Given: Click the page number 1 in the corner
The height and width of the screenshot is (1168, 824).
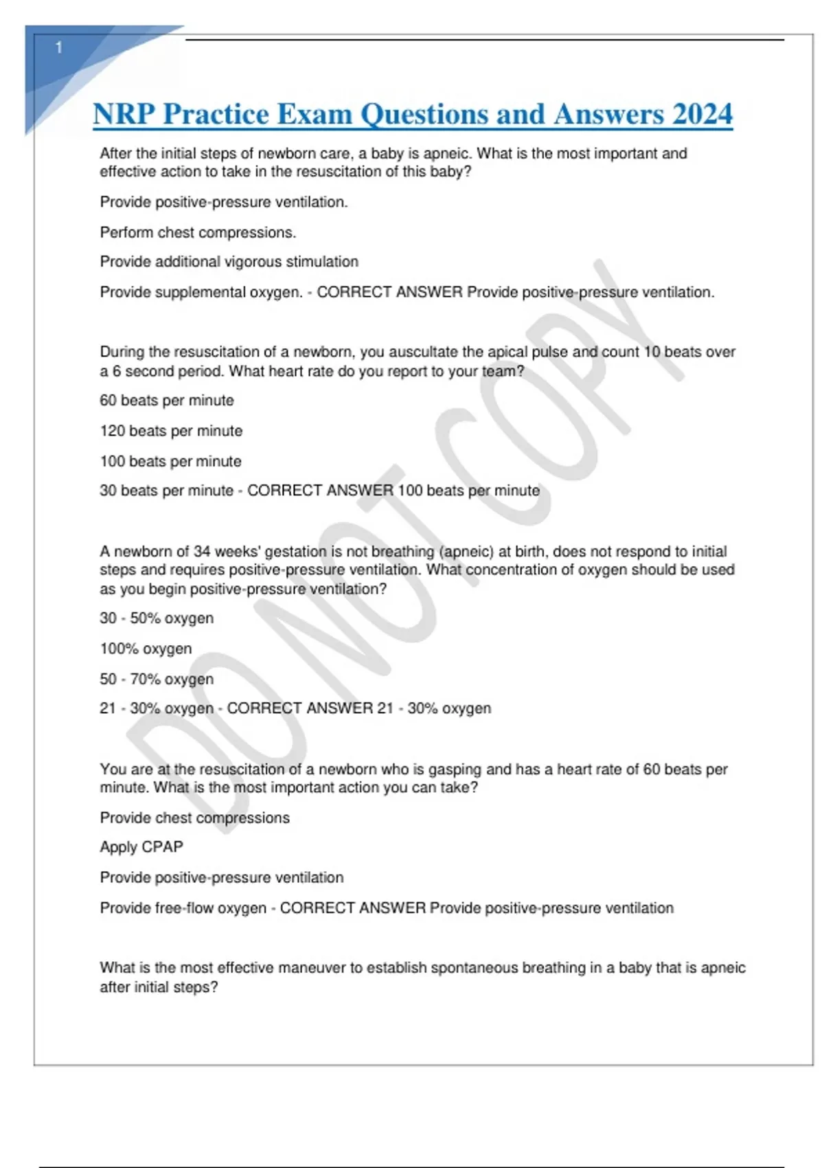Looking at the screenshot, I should pos(59,47).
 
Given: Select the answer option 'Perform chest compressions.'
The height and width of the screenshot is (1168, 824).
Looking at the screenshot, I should pos(198,233).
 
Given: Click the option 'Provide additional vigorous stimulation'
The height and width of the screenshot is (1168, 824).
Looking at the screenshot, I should pos(229,262).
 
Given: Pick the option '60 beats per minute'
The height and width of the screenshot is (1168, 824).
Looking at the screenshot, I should pos(167,401).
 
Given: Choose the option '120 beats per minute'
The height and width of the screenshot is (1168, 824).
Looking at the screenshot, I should pos(171,431).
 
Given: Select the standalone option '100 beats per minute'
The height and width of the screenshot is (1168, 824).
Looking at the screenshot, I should pos(170,461).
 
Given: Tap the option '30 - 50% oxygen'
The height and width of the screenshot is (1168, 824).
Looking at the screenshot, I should pos(157,618).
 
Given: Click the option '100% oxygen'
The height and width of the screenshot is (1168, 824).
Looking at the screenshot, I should pos(146,649).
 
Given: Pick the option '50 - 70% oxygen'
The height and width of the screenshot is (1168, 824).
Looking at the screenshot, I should pos(157,679).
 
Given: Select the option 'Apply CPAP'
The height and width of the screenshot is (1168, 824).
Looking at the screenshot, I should pos(141,847).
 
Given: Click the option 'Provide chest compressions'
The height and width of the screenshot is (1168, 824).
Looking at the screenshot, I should pos(194,818).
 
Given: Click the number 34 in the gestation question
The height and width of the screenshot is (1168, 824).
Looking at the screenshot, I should pos(202,552).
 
